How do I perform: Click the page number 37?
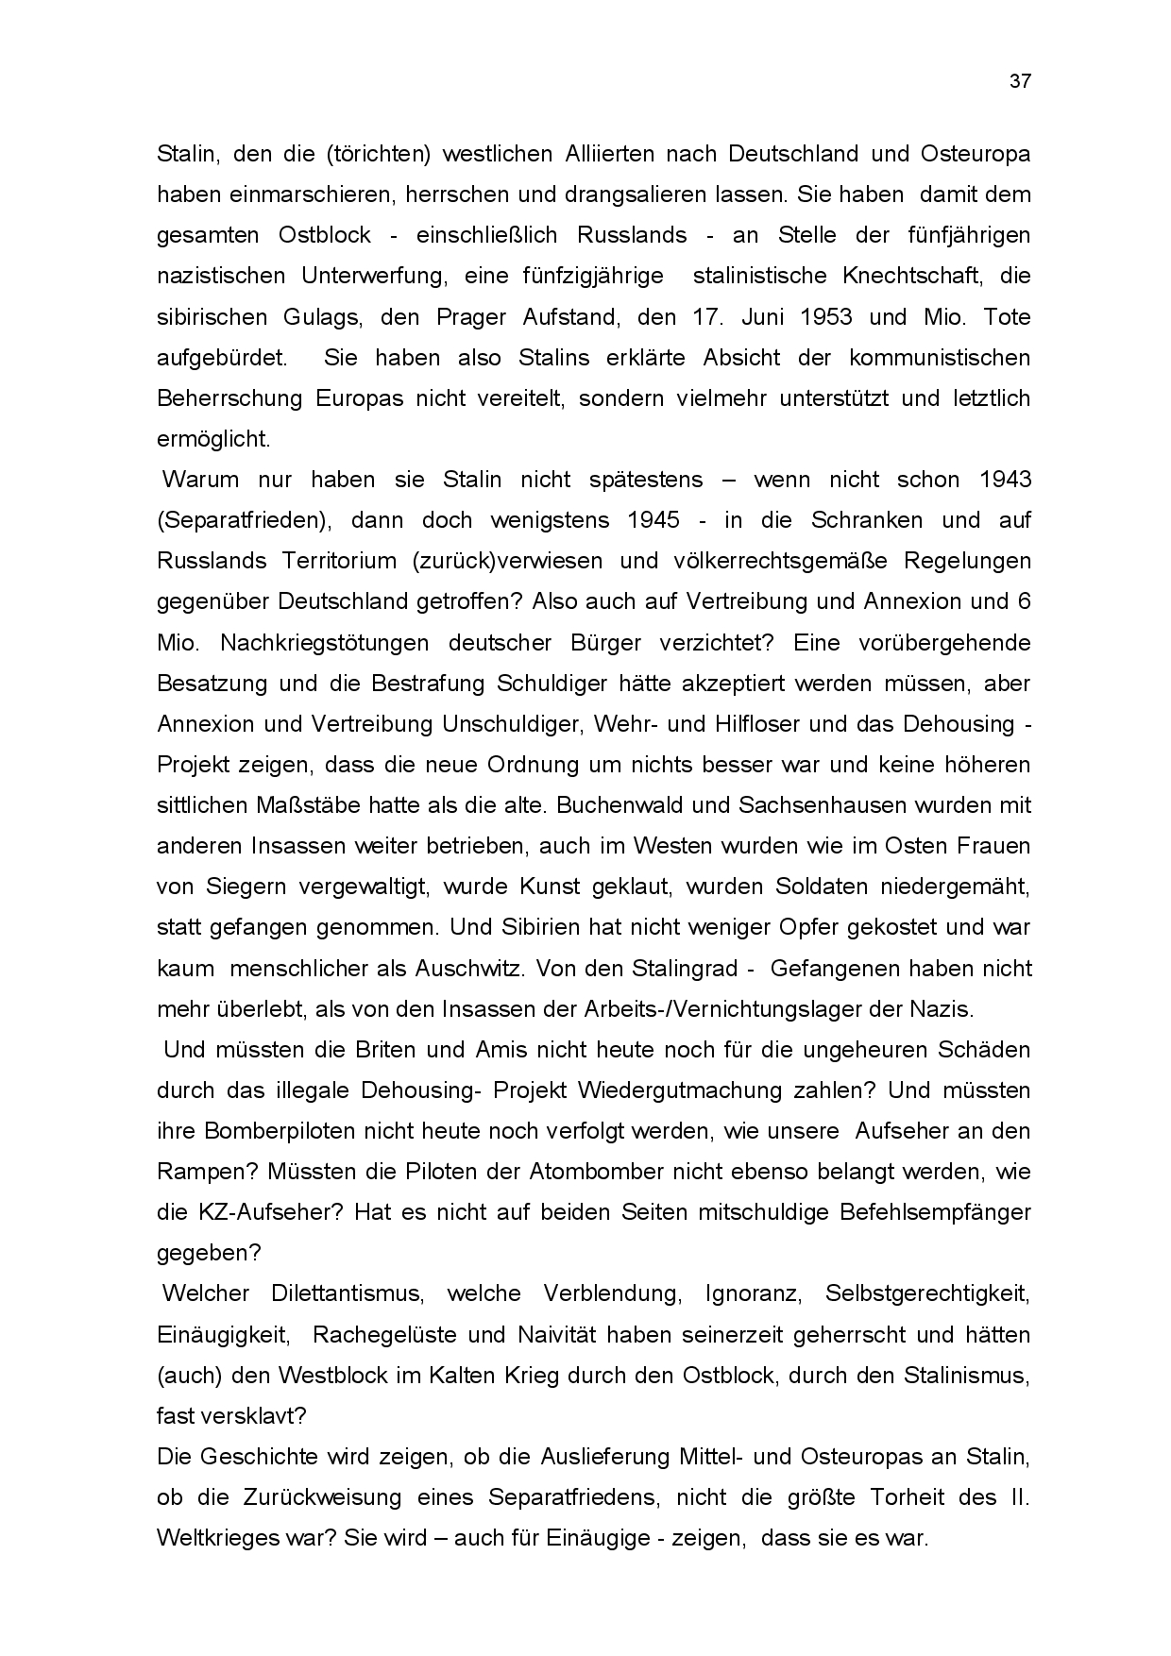point(1020,81)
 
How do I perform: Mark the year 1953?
point(825,316)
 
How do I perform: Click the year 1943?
point(1005,480)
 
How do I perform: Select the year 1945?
point(653,520)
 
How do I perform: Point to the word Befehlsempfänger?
point(925,1212)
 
